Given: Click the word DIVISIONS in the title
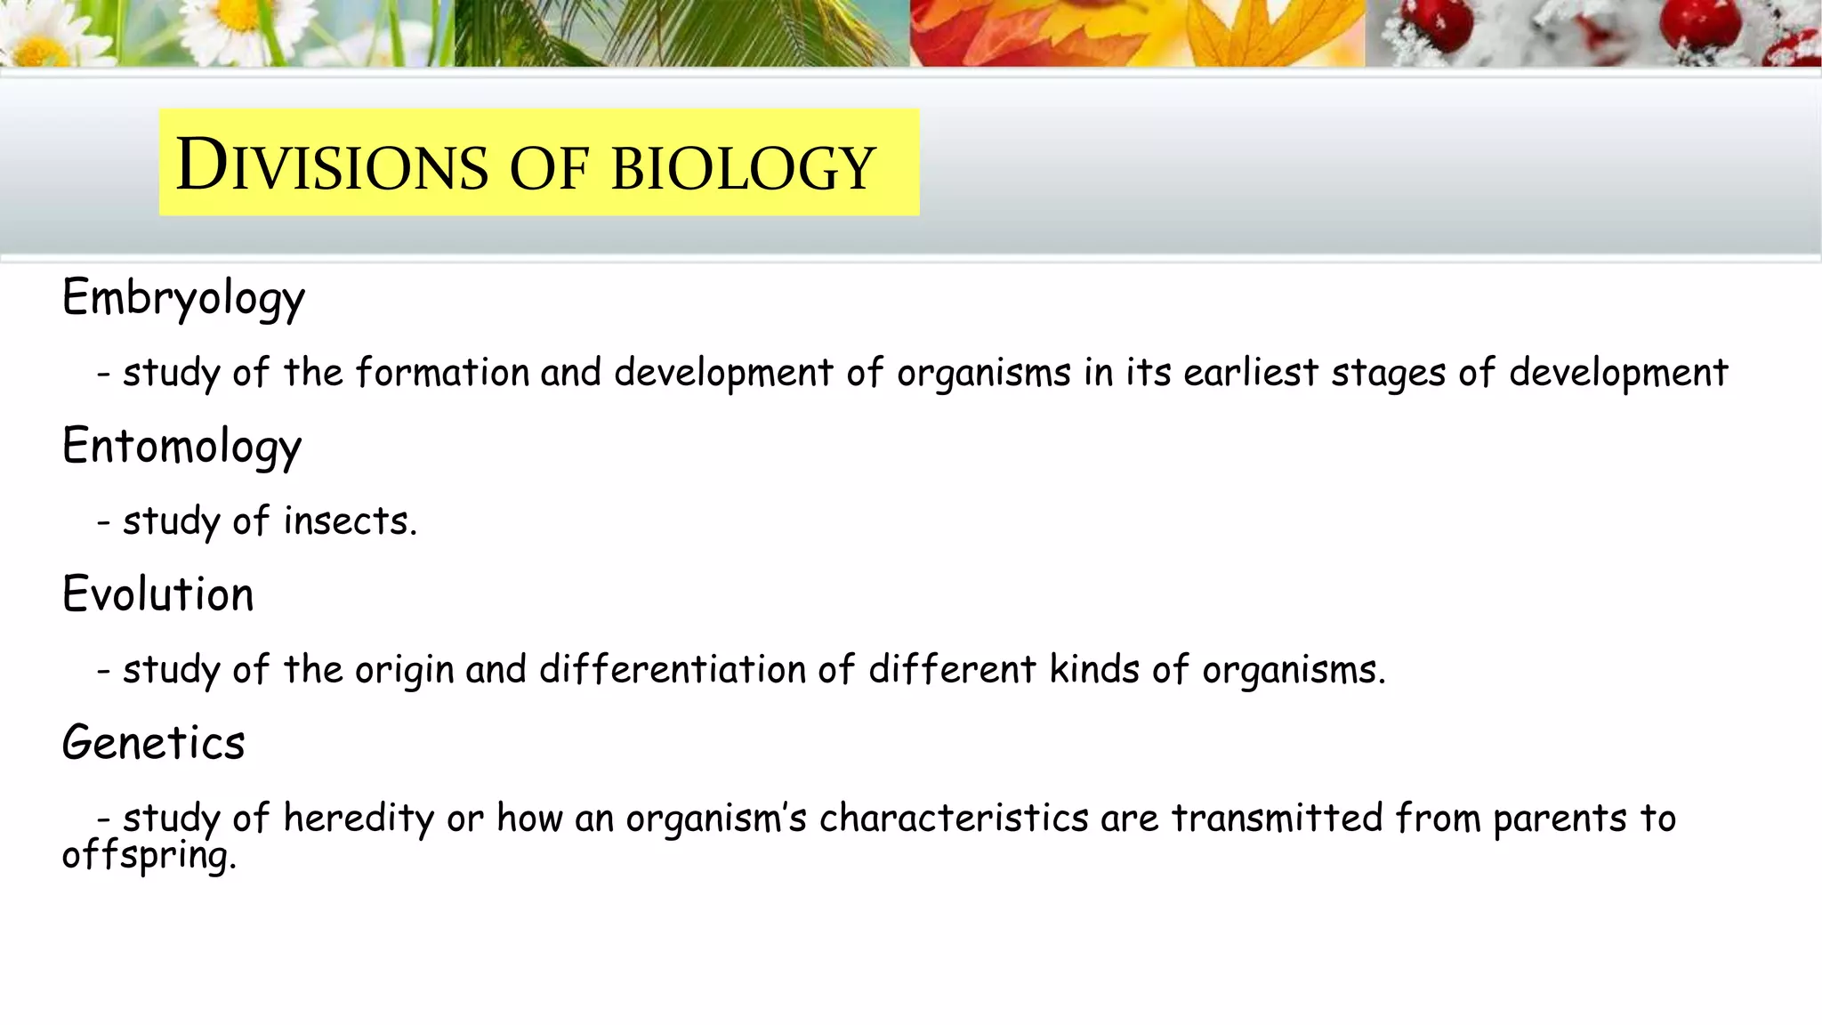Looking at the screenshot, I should point(332,165).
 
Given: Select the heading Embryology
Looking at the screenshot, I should point(183,298).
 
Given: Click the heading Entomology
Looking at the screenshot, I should point(181,447).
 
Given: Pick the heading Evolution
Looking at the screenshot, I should point(157,594).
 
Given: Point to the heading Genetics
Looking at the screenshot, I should point(153,743).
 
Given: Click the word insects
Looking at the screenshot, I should point(350,521).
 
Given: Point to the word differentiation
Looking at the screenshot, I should point(672,670).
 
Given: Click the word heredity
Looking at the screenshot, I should point(359,819).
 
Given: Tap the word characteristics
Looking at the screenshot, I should point(953,819).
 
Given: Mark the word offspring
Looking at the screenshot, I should point(149,856).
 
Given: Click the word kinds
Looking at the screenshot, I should point(1093,670).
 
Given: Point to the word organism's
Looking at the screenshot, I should point(715,819).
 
